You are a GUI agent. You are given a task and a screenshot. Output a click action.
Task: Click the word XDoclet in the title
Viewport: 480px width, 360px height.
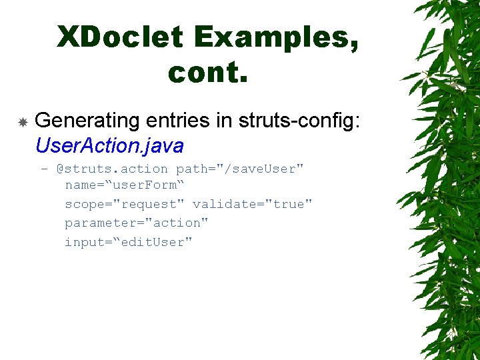pos(120,37)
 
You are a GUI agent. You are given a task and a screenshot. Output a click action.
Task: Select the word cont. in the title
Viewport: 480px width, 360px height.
pos(208,72)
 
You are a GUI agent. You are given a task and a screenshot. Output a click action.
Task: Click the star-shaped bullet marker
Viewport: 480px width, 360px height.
pos(22,123)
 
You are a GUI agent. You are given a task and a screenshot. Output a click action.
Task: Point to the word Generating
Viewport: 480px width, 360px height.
pos(87,121)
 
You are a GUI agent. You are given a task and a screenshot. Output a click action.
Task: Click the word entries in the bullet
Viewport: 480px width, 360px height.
pos(177,121)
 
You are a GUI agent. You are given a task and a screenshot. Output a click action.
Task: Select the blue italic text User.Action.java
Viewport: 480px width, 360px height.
pos(109,145)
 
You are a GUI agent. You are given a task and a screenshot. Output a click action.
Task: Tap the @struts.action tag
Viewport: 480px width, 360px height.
pos(112,169)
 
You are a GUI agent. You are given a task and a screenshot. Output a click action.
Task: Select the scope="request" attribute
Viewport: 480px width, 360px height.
pos(125,204)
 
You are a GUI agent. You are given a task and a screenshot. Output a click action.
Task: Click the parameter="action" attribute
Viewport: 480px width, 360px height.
pos(137,223)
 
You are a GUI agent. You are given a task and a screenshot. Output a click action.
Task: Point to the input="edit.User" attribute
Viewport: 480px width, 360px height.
pos(129,242)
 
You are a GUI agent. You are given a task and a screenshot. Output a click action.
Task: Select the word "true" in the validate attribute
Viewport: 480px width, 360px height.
pos(289,204)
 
